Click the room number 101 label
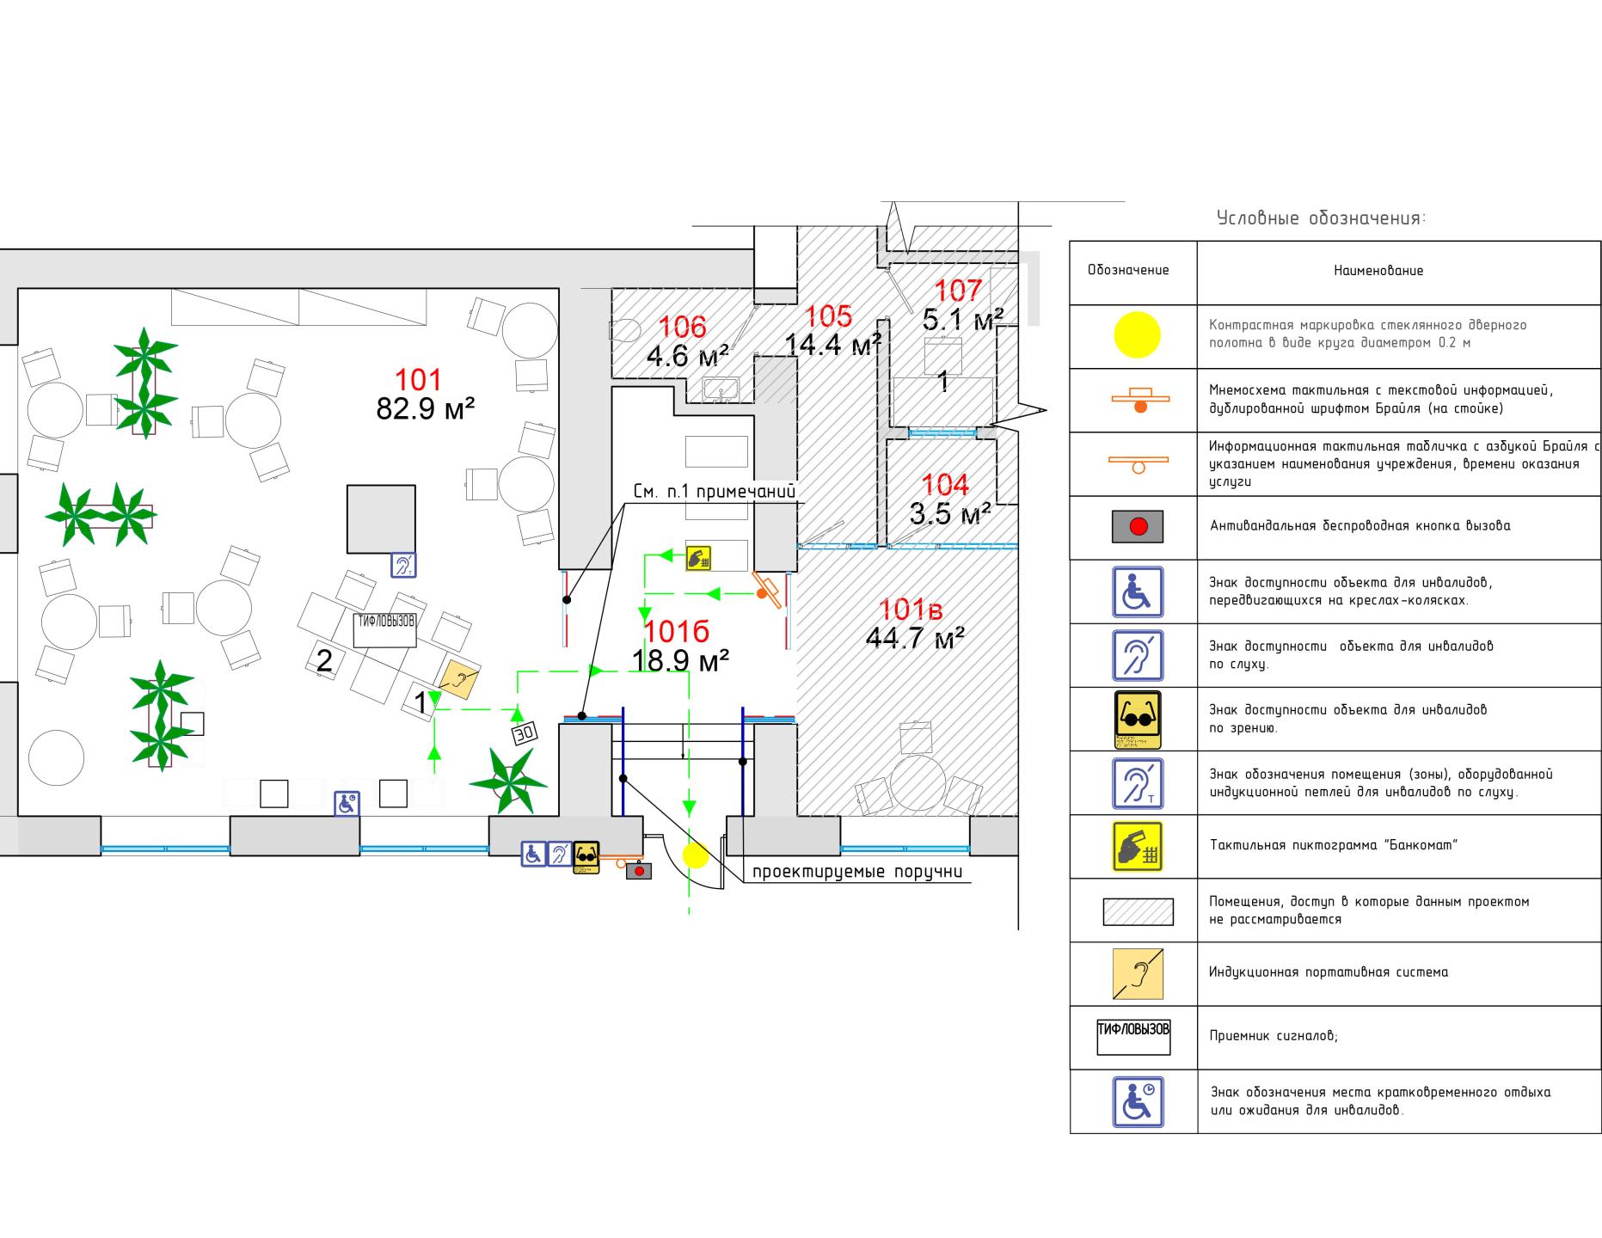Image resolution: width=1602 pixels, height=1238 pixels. coord(418,379)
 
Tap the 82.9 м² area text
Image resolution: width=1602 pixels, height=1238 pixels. coord(426,408)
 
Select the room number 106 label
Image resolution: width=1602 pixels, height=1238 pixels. coord(683,327)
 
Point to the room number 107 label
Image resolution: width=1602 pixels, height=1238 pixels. coord(957,291)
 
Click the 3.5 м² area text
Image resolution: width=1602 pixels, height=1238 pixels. coord(949,514)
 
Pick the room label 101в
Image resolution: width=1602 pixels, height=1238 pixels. coord(911,610)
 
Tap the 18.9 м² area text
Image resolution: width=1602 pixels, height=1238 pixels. coord(680,660)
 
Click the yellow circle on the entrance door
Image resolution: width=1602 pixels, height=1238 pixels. coord(695,855)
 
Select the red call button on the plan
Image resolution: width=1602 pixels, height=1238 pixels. coord(639,871)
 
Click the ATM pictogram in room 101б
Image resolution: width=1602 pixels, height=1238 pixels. coord(698,558)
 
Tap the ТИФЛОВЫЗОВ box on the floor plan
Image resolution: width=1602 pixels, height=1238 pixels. coord(385,628)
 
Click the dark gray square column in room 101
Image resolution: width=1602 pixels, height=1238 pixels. coord(381,518)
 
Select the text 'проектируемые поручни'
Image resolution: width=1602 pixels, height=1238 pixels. coord(856,872)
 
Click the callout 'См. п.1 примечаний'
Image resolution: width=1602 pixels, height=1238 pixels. coord(714,492)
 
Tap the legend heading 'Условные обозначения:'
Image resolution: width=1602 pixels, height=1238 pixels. coord(1321,218)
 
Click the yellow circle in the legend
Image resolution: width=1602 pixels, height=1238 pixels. coord(1137,334)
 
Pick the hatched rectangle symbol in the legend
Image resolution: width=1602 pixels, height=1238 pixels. coord(1138,911)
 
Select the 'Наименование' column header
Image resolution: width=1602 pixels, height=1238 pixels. coord(1378,271)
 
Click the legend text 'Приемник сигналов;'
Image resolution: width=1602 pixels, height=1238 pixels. coord(1274,1036)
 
